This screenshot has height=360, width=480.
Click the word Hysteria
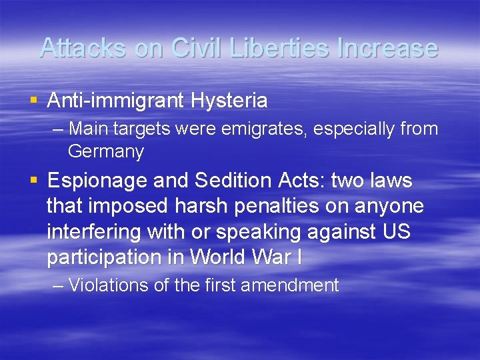(x=229, y=101)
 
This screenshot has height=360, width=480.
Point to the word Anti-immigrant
(x=117, y=101)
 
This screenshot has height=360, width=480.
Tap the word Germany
(x=105, y=151)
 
